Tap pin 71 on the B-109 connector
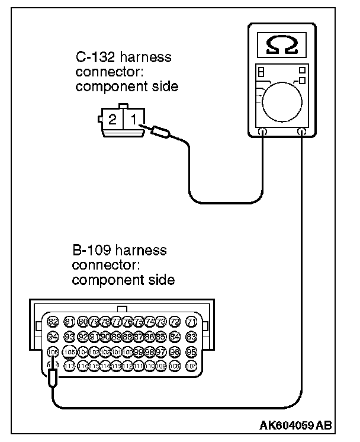[x=191, y=321]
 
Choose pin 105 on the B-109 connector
[x=68, y=351]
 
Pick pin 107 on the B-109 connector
[x=191, y=366]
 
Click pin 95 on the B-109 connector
[x=191, y=351]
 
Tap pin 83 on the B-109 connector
[x=191, y=337]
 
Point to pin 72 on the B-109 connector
[x=175, y=321]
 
